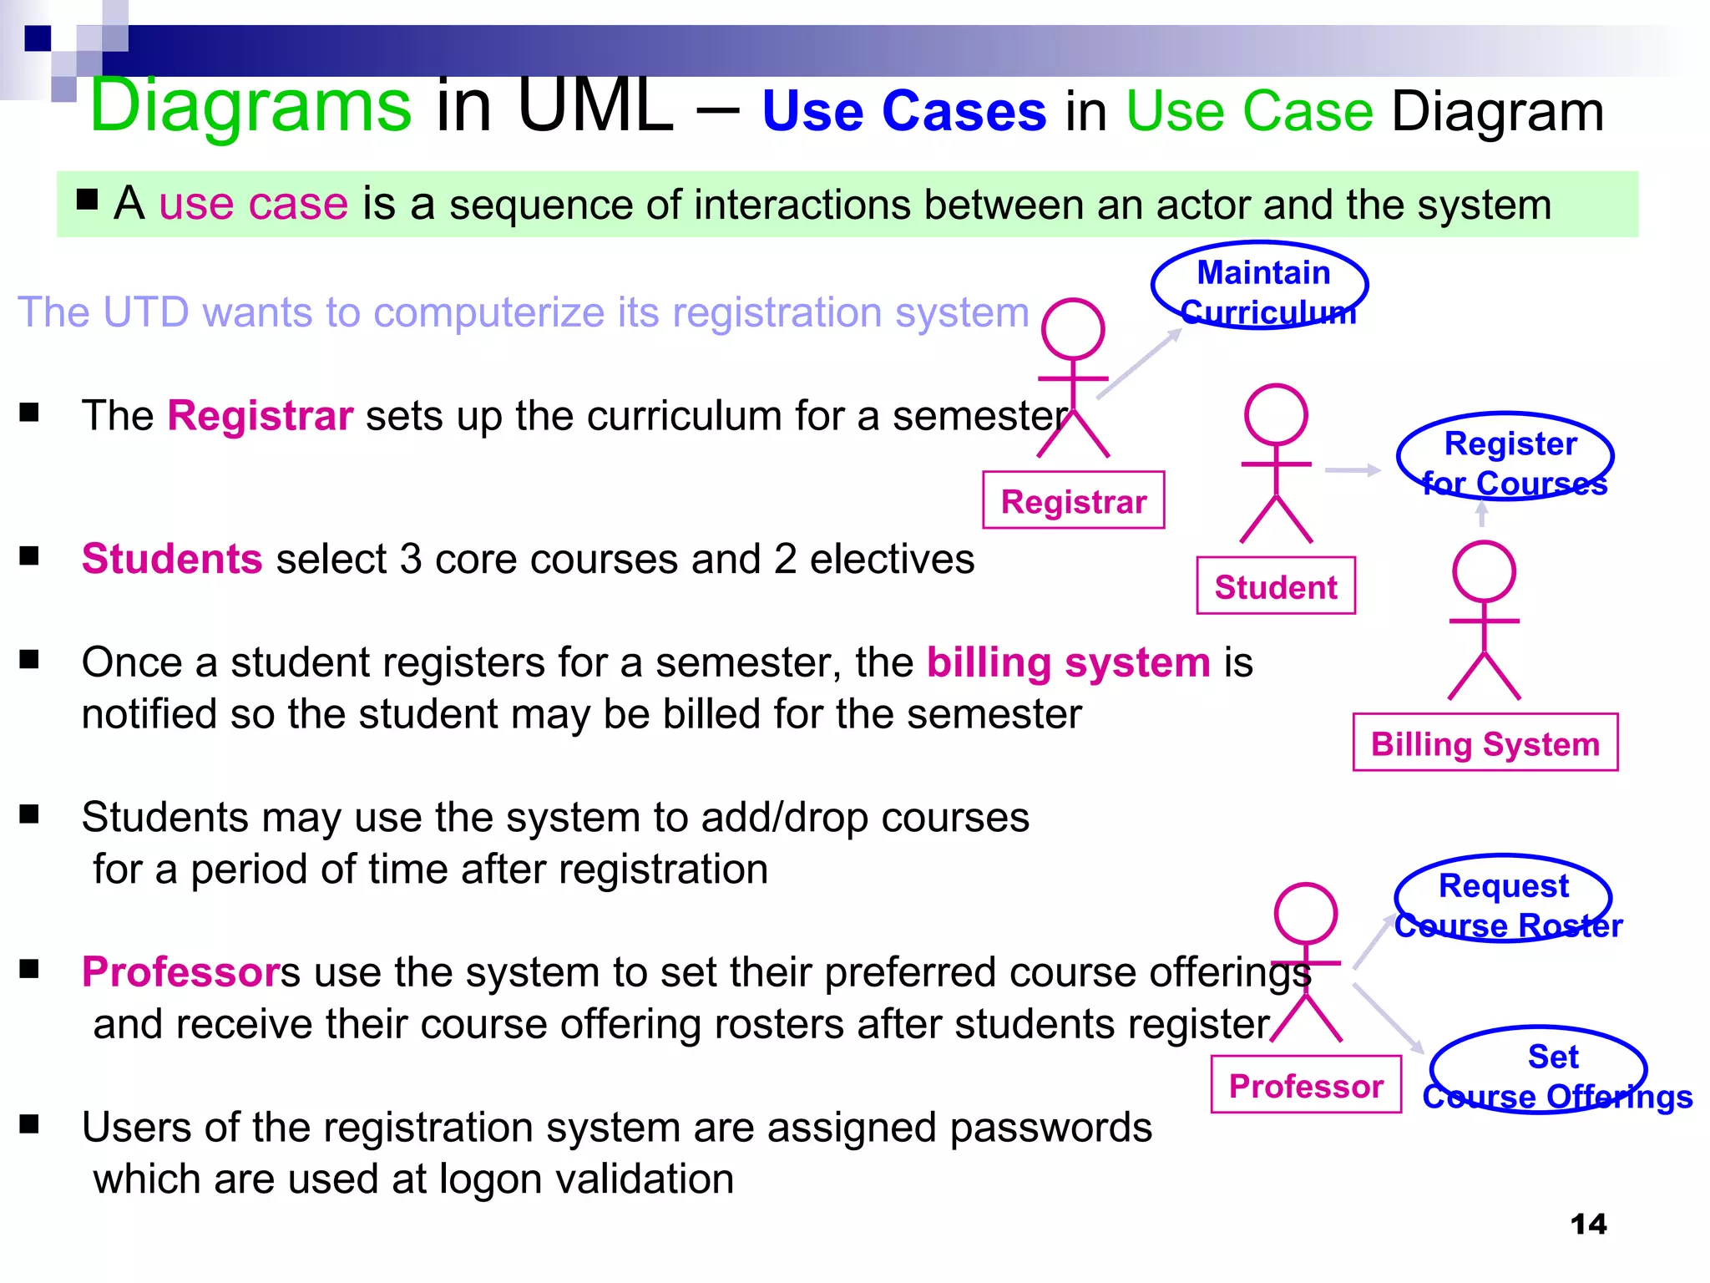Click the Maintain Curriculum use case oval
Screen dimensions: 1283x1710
[x=1259, y=286]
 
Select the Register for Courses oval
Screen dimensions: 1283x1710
[x=1505, y=457]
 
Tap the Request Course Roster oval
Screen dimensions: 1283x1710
[x=1503, y=899]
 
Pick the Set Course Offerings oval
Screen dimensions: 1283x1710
[x=1538, y=1070]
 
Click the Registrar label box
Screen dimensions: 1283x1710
[x=1074, y=500]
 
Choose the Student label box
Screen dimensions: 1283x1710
[x=1275, y=586]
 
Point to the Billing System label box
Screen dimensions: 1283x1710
[x=1485, y=743]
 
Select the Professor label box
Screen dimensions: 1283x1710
[x=1306, y=1085]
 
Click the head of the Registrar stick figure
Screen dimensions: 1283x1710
[x=1073, y=330]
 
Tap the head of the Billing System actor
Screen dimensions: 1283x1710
[x=1484, y=572]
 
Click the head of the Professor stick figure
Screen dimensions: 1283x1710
[x=1306, y=914]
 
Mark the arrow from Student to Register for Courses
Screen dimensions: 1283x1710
[x=1352, y=470]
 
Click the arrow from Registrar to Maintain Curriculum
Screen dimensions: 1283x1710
[x=1139, y=363]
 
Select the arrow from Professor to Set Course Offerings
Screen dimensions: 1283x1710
[x=1388, y=1019]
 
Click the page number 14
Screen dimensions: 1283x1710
[x=1588, y=1225]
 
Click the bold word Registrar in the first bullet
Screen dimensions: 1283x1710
[x=260, y=416]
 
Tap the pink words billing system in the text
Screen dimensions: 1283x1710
[x=1068, y=663]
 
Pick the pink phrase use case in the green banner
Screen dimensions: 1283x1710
[x=253, y=204]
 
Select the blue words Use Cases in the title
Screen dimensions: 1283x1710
[x=903, y=111]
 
